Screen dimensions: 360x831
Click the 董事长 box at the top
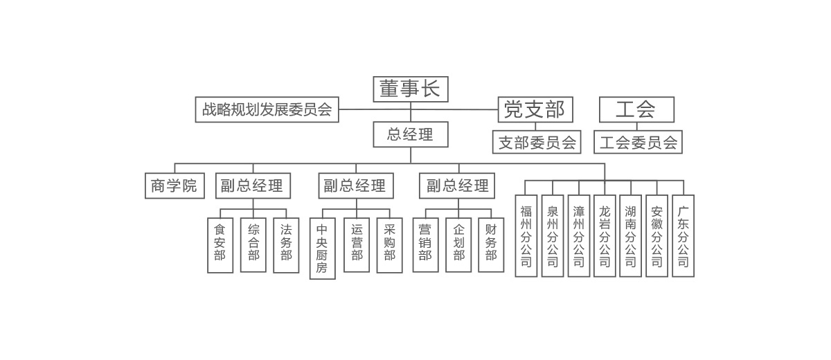click(411, 89)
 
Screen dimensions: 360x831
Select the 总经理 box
click(411, 134)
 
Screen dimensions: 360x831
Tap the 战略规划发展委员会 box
click(267, 109)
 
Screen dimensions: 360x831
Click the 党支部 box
click(535, 109)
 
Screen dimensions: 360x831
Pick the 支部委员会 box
click(537, 143)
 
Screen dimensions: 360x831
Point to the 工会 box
click(636, 109)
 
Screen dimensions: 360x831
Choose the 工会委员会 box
click(638, 143)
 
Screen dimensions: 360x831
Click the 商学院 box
click(175, 186)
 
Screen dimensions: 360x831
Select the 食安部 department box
click(220, 245)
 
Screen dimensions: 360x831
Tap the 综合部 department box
click(253, 245)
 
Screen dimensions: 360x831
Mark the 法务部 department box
click(286, 245)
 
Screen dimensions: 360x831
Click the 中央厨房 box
click(322, 249)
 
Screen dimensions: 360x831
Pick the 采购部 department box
click(389, 245)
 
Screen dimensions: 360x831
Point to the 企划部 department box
click(458, 245)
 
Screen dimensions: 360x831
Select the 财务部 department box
click(491, 245)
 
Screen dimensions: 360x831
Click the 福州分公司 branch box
click(526, 236)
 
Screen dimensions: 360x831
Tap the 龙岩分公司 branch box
click(605, 236)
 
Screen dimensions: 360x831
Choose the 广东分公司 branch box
click(683, 236)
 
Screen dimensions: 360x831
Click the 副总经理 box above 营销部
click(457, 186)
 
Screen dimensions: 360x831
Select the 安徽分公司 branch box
click(656, 236)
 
